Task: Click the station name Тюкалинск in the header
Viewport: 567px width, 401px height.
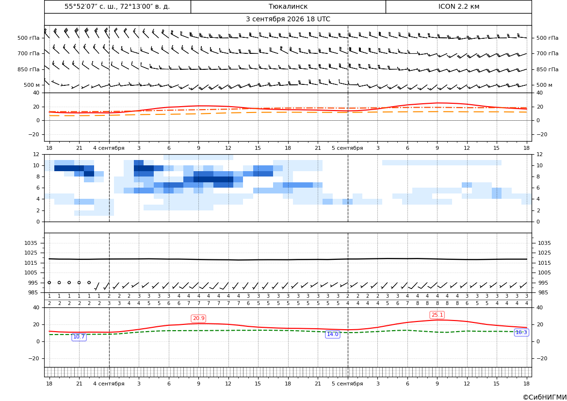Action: coord(288,6)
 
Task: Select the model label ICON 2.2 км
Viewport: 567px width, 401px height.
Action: coord(458,6)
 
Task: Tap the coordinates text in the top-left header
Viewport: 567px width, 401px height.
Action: coord(117,6)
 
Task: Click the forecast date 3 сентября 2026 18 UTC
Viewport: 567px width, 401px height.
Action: coord(288,19)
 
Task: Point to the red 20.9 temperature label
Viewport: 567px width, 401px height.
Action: coord(198,318)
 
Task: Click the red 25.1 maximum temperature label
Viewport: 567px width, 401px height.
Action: coord(437,315)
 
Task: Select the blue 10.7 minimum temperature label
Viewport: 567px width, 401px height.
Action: coord(79,337)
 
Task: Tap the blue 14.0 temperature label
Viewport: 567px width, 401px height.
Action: coord(332,334)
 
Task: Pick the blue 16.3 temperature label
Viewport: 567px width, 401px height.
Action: coord(521,332)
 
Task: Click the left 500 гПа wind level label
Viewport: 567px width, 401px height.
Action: coord(29,38)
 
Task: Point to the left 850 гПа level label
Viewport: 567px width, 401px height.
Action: coord(29,69)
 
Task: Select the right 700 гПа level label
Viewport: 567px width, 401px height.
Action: coord(547,53)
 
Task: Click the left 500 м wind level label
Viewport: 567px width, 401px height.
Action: coord(32,85)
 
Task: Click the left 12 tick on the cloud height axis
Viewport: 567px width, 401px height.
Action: coord(36,154)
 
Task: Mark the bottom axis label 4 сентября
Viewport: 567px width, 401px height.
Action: coord(109,384)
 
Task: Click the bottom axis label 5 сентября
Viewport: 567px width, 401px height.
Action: coord(347,384)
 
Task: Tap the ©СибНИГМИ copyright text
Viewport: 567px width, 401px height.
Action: coord(545,397)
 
